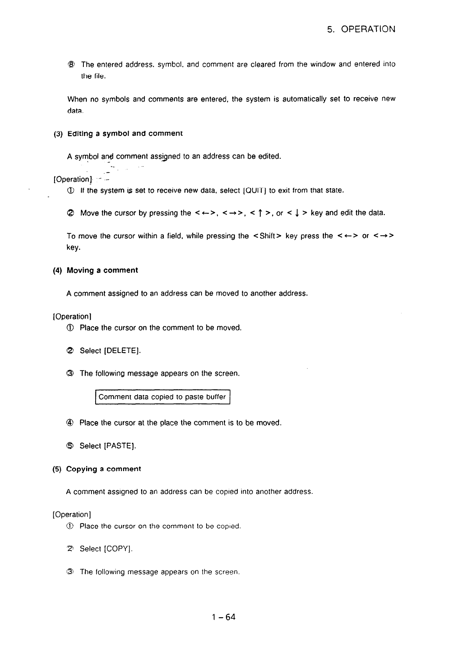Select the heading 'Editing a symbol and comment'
(x=125, y=134)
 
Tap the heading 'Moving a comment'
(x=102, y=270)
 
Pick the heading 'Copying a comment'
(x=103, y=469)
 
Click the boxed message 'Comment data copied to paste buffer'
(x=162, y=397)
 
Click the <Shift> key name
(x=267, y=236)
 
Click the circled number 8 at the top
(x=71, y=64)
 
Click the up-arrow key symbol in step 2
(x=259, y=213)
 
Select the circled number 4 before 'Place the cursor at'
(x=70, y=423)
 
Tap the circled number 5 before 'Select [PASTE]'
(x=70, y=446)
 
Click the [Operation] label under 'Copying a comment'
(x=72, y=515)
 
